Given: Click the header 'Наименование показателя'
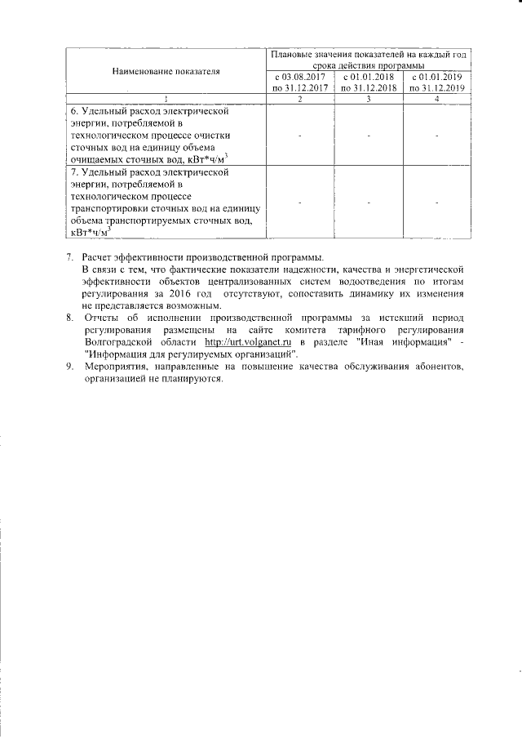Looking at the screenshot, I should click(166, 72).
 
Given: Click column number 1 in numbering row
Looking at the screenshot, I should click(166, 99).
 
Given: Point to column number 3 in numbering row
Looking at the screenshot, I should click(369, 99).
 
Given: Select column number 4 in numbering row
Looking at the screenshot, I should click(436, 99).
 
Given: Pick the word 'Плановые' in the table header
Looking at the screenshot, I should click(301, 55).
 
